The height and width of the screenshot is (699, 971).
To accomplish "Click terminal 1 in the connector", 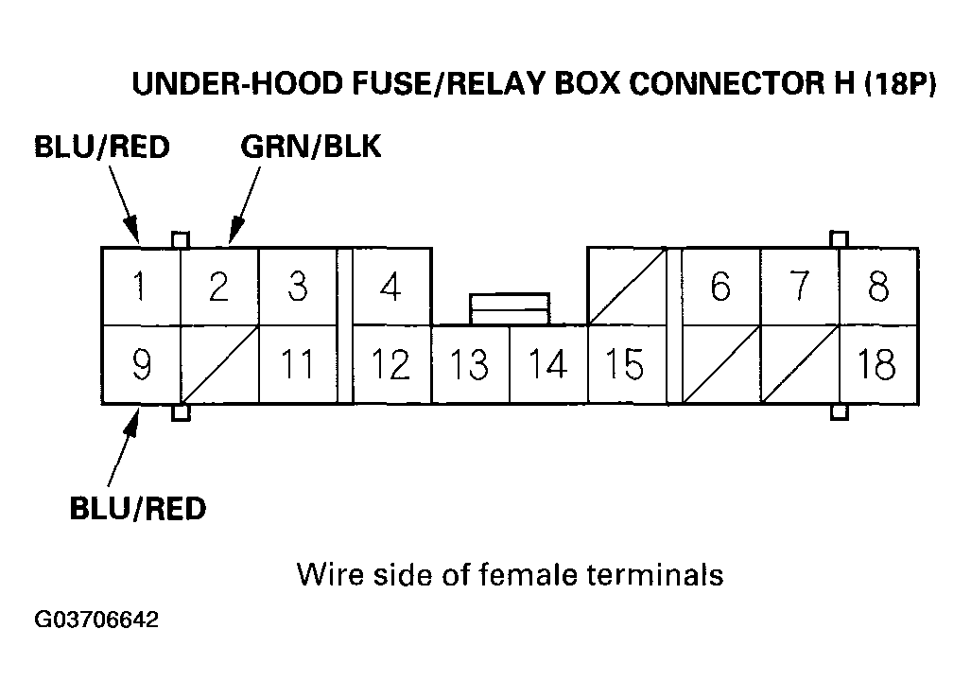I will (x=140, y=287).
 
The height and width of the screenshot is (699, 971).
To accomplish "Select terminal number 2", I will (x=218, y=287).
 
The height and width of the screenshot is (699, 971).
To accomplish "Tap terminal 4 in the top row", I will (x=390, y=287).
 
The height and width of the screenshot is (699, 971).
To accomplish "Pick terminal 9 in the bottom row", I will (x=140, y=364).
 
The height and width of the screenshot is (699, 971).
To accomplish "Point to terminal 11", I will (x=297, y=364).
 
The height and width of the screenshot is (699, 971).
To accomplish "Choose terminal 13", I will (x=470, y=364).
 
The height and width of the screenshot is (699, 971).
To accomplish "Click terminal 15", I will (x=625, y=364).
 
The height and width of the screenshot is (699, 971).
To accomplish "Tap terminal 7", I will (x=800, y=287).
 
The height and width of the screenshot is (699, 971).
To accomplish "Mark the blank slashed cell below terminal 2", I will (x=218, y=364).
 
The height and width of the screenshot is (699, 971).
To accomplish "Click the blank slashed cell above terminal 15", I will (x=626, y=287).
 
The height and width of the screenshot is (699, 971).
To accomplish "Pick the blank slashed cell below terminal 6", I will (x=721, y=364).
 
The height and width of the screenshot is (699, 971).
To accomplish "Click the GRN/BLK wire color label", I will (x=311, y=148).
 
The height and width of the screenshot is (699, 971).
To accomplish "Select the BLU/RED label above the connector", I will (x=101, y=148).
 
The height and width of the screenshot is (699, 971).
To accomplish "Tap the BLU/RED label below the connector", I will (x=137, y=509).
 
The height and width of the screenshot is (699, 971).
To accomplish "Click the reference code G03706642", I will (x=96, y=621).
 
